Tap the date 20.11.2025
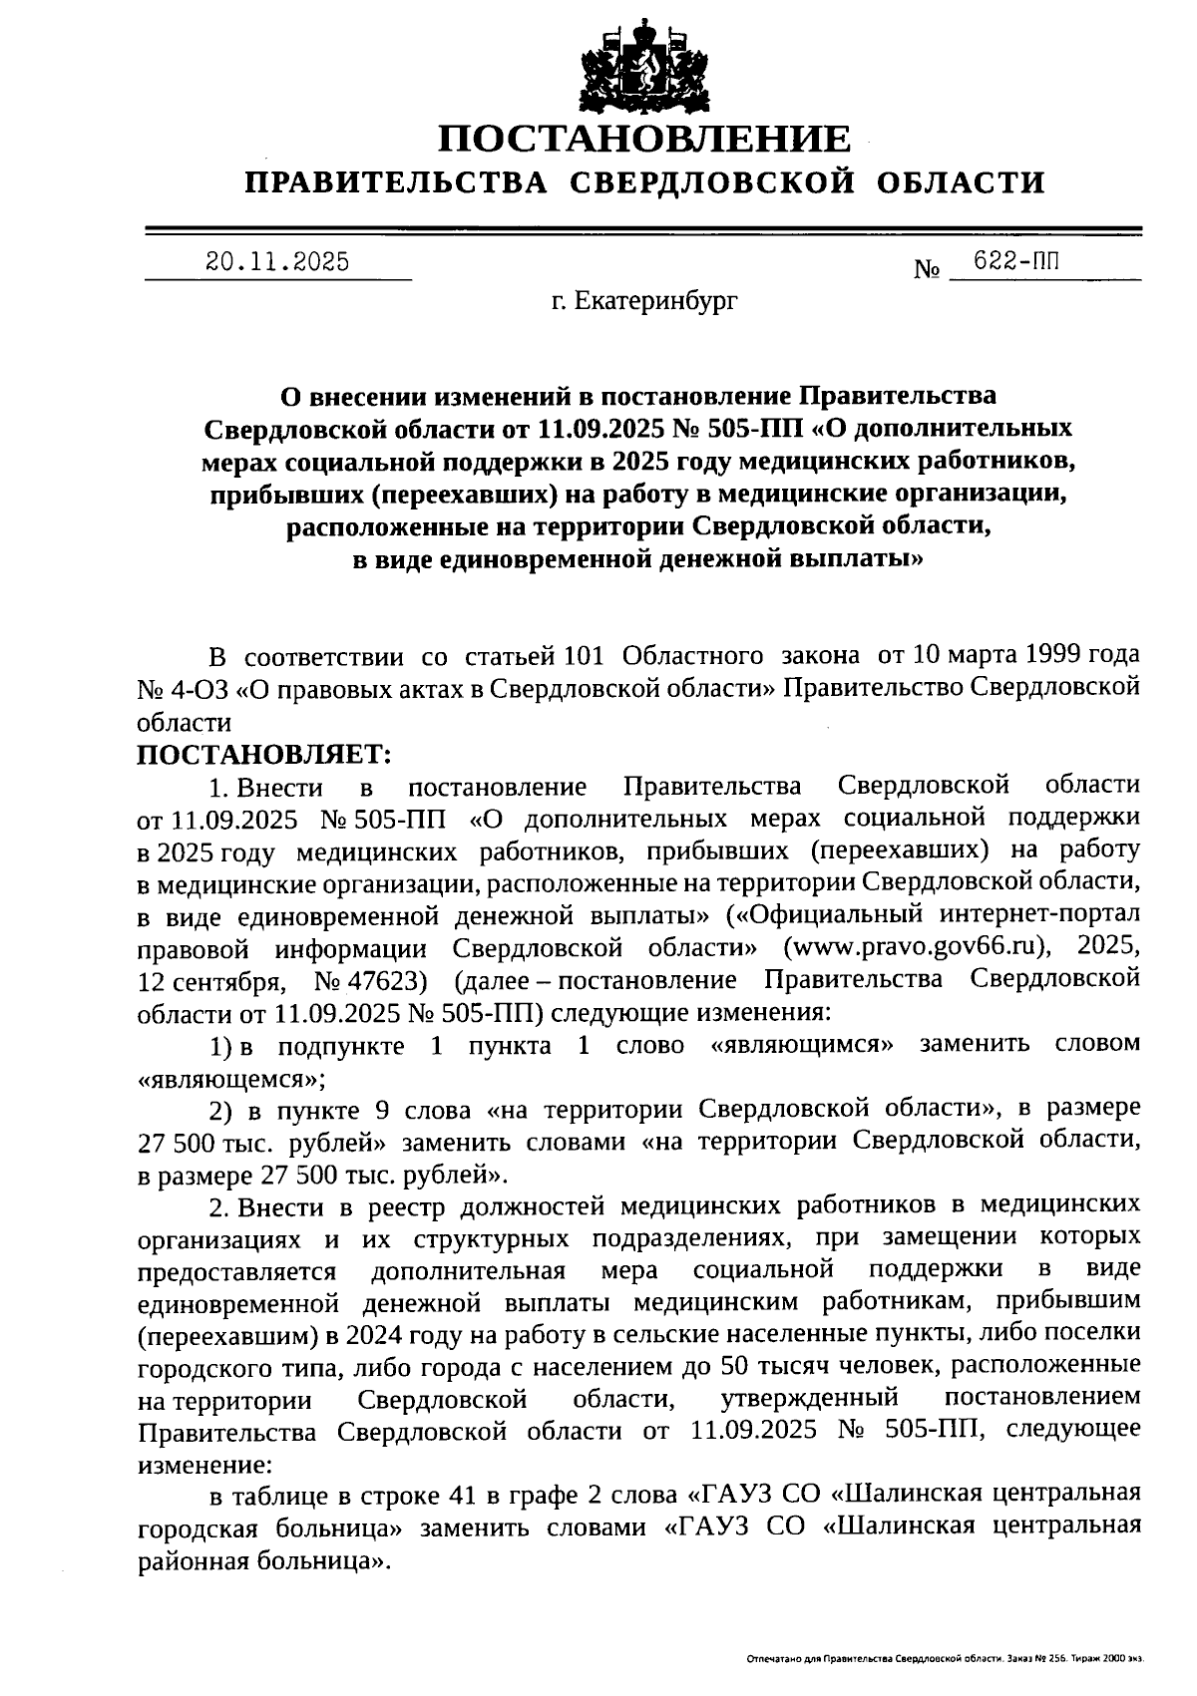pyautogui.click(x=277, y=262)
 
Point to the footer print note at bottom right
pyautogui.click(x=944, y=1659)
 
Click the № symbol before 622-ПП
pyautogui.click(x=927, y=268)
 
